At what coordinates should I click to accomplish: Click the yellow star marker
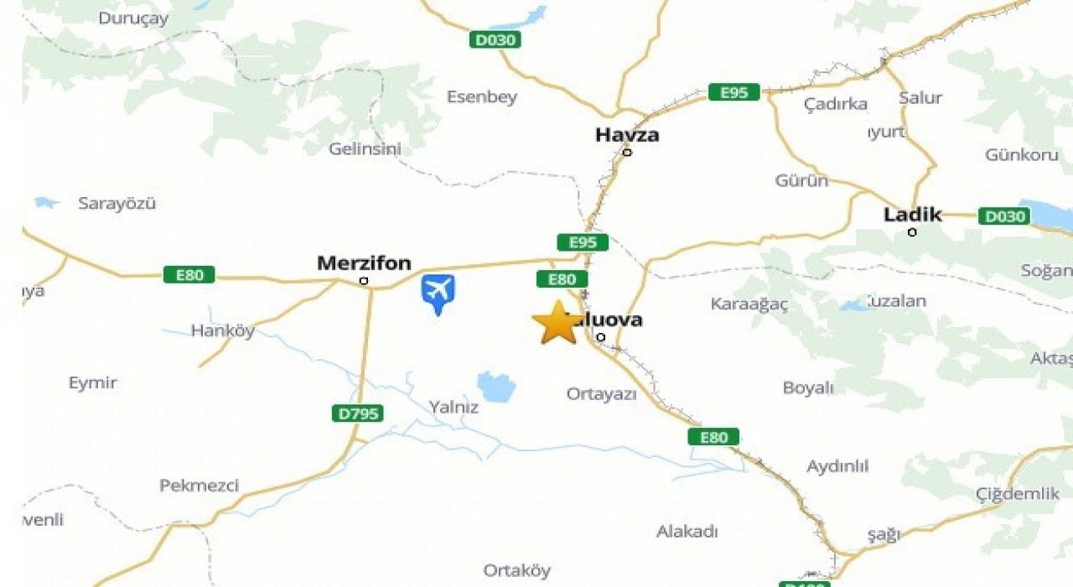[557, 323]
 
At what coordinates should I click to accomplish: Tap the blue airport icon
[438, 292]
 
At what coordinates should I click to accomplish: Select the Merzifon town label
[364, 263]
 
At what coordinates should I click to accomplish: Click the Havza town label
[627, 134]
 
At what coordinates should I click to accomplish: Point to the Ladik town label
[912, 215]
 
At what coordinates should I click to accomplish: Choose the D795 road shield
[356, 413]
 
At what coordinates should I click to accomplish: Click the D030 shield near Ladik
[1003, 216]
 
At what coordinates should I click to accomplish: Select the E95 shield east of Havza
[733, 92]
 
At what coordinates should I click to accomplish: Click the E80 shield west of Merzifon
[189, 274]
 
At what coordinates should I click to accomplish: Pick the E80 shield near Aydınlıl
[713, 437]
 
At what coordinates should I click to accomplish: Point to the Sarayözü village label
[117, 203]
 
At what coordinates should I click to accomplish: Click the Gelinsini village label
[365, 148]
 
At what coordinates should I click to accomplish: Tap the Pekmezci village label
[199, 486]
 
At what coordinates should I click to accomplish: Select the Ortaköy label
[516, 570]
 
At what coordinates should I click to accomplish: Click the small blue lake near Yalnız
[496, 387]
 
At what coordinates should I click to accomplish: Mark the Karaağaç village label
[749, 304]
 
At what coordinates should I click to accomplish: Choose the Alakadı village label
[687, 532]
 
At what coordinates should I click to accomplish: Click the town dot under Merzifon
[364, 281]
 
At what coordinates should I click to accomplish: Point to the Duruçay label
[133, 18]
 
